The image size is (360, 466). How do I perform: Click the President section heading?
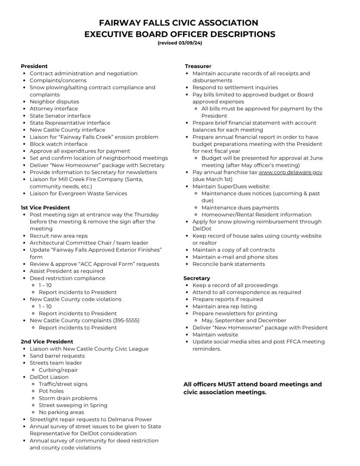(x=34, y=66)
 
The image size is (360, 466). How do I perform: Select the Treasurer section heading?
(x=198, y=66)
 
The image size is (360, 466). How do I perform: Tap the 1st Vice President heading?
(x=45, y=208)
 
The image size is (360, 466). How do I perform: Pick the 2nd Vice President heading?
(x=47, y=342)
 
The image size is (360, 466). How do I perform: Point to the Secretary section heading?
(x=197, y=278)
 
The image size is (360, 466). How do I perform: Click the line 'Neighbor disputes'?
(x=54, y=102)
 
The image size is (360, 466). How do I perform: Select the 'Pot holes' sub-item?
(x=51, y=391)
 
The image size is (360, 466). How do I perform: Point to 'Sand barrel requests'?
(x=57, y=356)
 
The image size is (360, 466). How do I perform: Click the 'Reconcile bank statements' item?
(x=229, y=264)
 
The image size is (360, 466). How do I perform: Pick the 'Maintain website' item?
(x=215, y=335)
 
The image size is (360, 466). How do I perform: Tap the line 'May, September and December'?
(x=243, y=321)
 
